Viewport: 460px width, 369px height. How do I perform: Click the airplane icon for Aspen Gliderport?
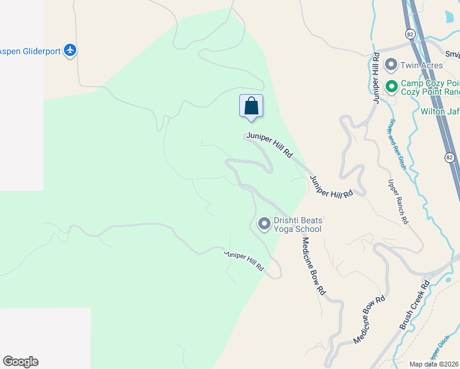(70, 50)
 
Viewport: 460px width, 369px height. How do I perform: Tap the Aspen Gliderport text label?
(30, 51)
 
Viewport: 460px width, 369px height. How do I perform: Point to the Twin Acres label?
(421, 65)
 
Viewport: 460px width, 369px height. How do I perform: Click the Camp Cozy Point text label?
(430, 87)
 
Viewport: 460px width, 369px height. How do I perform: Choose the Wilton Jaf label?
(440, 111)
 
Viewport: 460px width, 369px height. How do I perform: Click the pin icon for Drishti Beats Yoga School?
(264, 224)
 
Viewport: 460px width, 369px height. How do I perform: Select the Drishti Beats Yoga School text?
(298, 224)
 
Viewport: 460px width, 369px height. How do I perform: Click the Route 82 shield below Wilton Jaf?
(450, 158)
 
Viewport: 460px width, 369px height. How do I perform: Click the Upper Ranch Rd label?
(397, 201)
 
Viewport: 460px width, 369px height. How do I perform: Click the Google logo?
(20, 362)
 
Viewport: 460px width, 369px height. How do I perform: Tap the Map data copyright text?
(434, 364)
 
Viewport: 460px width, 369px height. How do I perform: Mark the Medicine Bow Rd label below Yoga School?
(312, 266)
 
